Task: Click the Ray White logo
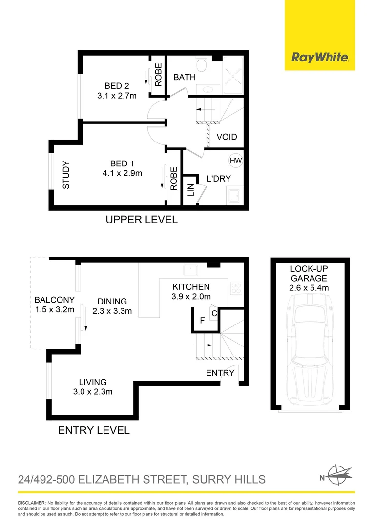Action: pos(320,58)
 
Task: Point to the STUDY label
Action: pos(66,175)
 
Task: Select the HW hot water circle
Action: pos(235,160)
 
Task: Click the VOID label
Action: pos(227,137)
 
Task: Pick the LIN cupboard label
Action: pos(190,190)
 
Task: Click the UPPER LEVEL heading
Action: pos(142,220)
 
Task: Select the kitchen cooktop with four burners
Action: pos(236,287)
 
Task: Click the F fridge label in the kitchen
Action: pos(202,321)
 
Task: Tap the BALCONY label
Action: pos(54,300)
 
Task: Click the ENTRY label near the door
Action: pos(220,373)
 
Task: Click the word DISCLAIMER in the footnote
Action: pos(31,503)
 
